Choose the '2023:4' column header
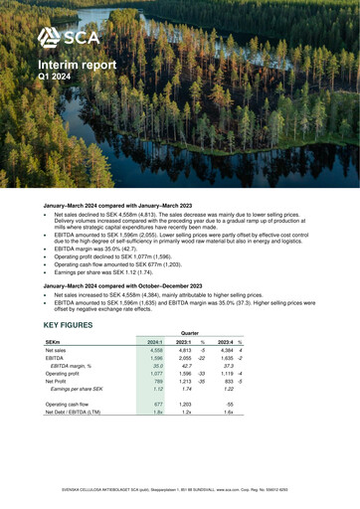click(267, 344)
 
